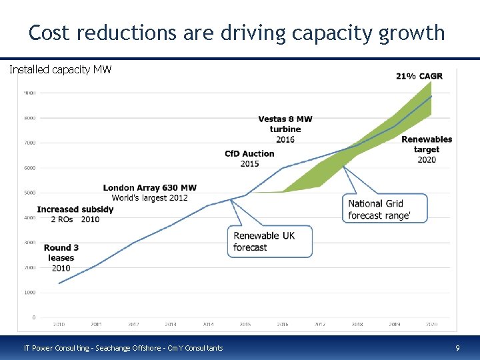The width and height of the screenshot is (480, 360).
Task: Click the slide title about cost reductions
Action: pos(237,32)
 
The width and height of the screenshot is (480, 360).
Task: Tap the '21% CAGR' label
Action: pos(419,76)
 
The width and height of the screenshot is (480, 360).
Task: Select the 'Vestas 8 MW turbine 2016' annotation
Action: pos(285,129)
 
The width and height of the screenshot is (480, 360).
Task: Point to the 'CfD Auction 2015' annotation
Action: pos(249,158)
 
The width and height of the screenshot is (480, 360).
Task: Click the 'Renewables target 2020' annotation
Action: pos(427,149)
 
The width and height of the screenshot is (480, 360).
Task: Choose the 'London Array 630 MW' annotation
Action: pos(150,193)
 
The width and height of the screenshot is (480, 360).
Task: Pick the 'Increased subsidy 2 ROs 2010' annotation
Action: pos(75,214)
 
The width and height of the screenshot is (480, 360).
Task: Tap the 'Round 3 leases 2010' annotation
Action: pos(61,258)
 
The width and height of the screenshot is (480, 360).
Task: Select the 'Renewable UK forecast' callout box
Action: pos(269,241)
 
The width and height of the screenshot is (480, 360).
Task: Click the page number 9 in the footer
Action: pos(457,348)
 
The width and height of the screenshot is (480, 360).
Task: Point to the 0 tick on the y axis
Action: pos(33,317)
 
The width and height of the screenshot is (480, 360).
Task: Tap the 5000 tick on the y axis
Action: pos(29,193)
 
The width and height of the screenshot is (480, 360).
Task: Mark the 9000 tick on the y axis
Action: pos(29,93)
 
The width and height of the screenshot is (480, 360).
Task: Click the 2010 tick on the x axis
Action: pos(59,325)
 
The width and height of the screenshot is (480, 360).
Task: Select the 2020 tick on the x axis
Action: pos(432,325)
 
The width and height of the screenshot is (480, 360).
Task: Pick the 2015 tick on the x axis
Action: pos(245,325)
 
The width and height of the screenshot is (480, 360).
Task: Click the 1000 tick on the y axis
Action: pos(29,293)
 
